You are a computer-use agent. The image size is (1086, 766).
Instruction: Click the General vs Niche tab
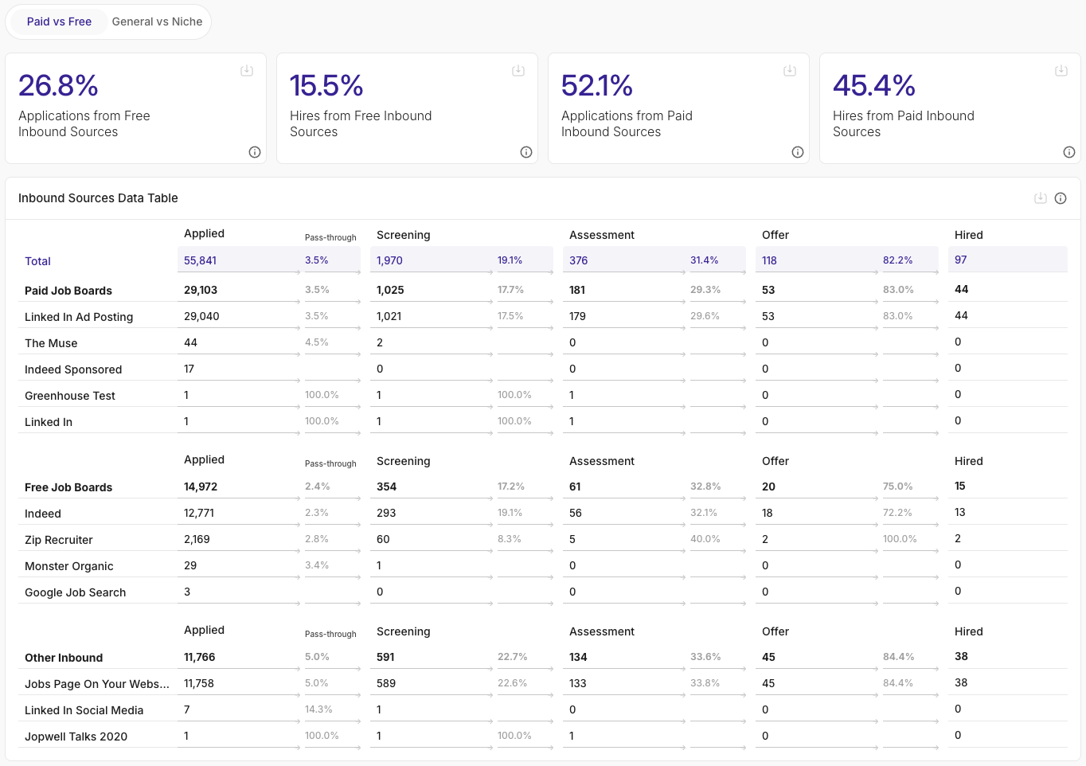157,21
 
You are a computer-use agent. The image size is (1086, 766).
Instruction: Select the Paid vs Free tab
59,21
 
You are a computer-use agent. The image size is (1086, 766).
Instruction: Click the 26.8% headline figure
58,85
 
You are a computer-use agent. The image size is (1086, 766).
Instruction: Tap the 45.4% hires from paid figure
873,85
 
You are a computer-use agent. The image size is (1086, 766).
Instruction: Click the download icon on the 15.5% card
518,71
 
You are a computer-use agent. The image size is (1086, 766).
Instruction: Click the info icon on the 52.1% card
797,152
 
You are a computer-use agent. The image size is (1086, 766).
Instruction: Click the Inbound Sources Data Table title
98,198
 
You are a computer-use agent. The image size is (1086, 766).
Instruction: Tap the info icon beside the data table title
1061,198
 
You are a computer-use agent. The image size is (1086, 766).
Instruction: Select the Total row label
37,261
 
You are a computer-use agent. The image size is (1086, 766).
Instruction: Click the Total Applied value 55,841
200,260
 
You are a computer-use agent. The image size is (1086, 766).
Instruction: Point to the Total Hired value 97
961,260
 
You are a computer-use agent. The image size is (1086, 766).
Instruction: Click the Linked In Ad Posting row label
79,317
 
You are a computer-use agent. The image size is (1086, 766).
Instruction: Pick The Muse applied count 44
190,342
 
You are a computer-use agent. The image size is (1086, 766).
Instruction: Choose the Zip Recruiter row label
59,540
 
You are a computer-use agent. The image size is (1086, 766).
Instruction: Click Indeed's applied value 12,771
199,513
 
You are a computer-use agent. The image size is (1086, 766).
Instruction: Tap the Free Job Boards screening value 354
386,487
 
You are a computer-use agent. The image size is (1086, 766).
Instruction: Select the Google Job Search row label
75,592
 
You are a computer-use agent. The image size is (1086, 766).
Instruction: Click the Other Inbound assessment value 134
578,657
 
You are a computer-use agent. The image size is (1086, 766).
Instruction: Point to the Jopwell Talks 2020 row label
76,737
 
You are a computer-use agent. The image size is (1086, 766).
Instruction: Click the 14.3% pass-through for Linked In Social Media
318,709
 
